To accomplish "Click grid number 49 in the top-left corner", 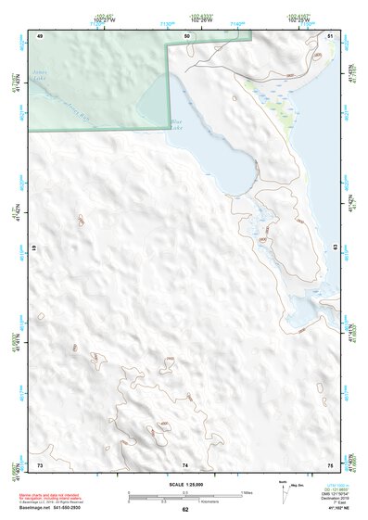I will click(x=40, y=35).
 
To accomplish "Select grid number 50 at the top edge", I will click(x=186, y=35).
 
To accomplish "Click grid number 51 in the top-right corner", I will click(x=331, y=35).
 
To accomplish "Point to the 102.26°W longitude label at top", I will click(x=197, y=19).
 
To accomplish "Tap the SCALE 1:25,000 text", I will click(x=184, y=485).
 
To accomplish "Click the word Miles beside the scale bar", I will click(x=247, y=492).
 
